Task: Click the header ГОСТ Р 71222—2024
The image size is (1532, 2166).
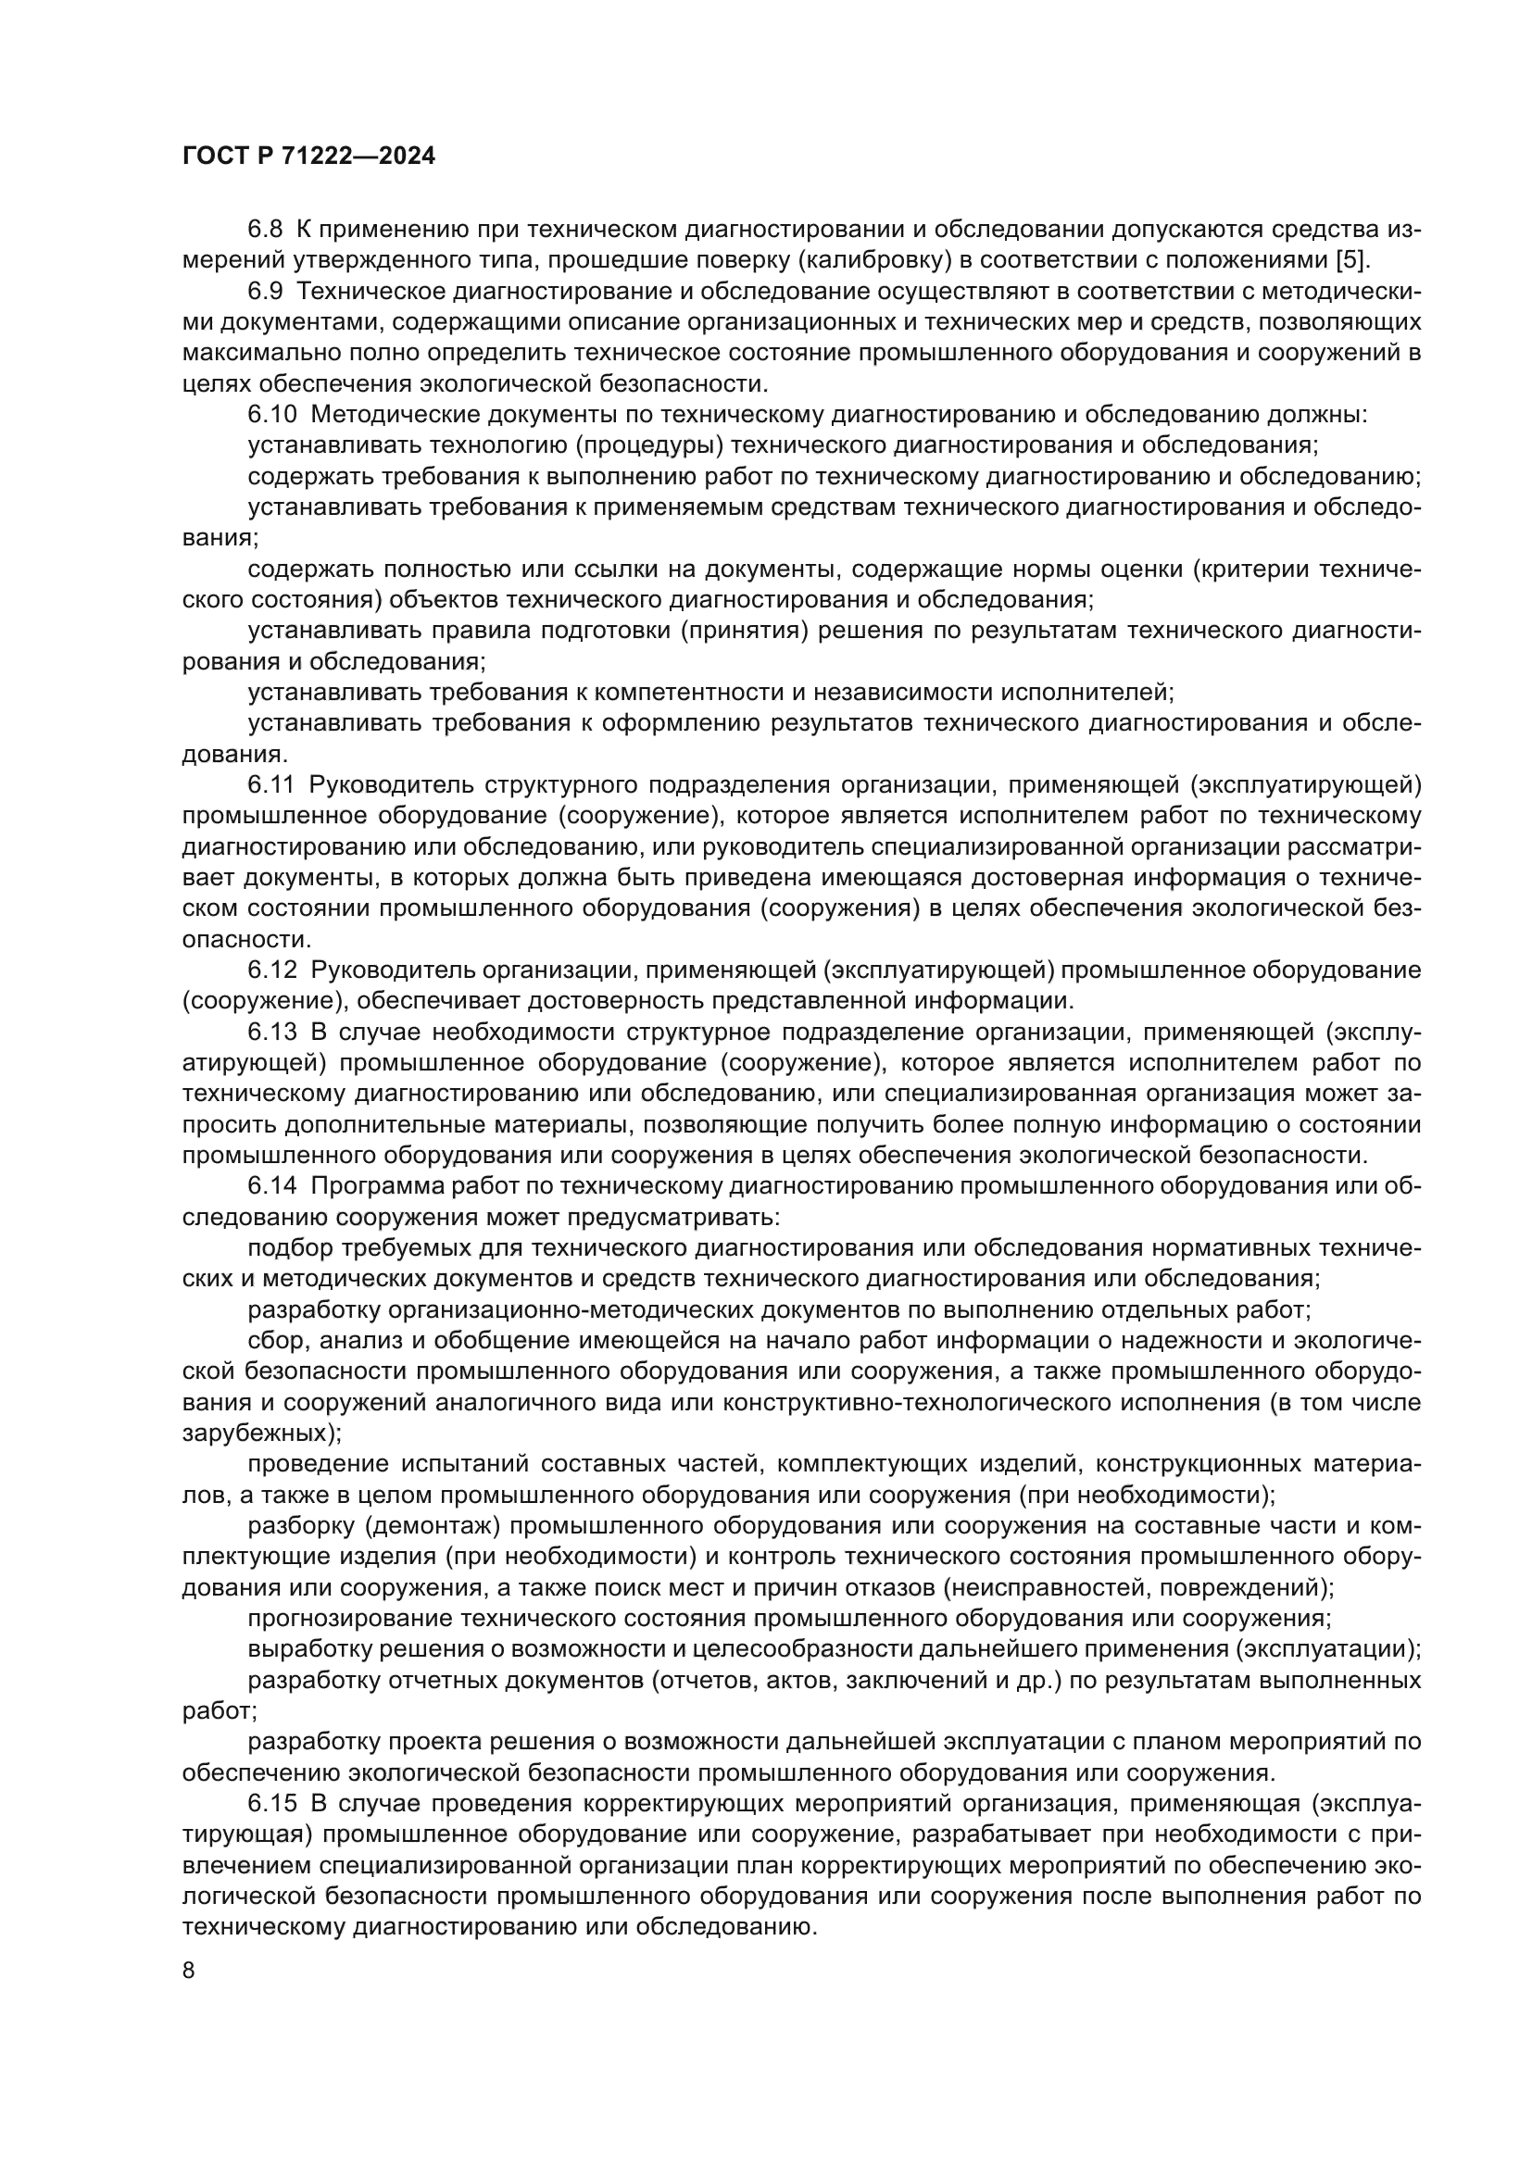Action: click(x=308, y=157)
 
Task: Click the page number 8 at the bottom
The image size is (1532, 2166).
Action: click(x=189, y=1971)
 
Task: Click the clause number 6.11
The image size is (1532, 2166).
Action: click(x=271, y=785)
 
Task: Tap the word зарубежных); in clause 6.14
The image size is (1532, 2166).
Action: click(x=261, y=1433)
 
